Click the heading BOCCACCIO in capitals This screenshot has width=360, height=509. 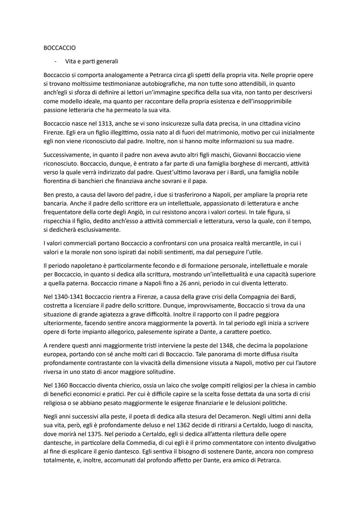coord(59,48)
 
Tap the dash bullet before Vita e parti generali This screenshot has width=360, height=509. coord(56,61)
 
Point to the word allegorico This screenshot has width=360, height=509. coord(122,332)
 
